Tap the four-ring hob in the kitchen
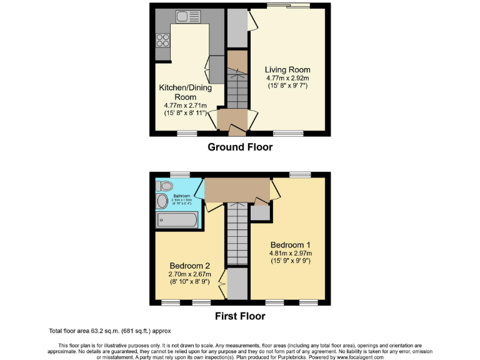tap(162, 40)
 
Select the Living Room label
tap(287, 69)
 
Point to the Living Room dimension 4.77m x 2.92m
tap(287, 78)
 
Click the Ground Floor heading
tap(240, 147)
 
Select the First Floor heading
tap(240, 316)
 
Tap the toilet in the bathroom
tap(166, 186)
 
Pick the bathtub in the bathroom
tap(177, 220)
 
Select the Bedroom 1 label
tap(291, 244)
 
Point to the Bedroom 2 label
tap(190, 265)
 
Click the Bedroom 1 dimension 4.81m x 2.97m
tap(291, 253)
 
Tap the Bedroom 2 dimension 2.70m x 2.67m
tap(190, 274)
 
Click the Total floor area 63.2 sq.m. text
tap(109, 331)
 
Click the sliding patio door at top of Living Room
tap(288, 6)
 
